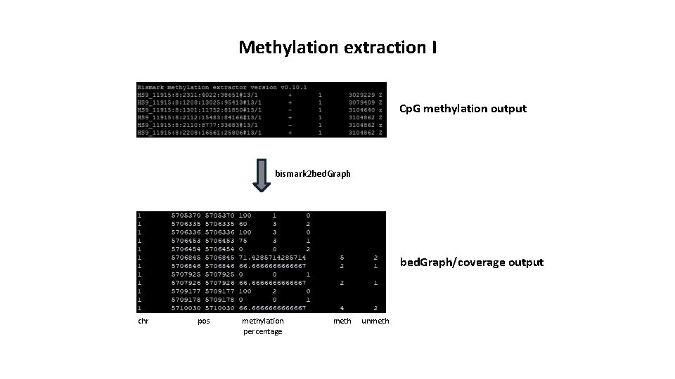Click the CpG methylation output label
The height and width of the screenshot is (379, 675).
point(463,108)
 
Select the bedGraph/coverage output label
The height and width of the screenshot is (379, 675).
point(472,262)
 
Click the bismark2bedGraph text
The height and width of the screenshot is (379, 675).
point(313,173)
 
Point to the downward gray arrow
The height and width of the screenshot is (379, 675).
point(262,176)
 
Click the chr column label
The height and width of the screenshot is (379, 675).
point(143,321)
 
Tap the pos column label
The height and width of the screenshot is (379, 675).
point(204,321)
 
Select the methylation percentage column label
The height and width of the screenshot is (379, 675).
point(263,326)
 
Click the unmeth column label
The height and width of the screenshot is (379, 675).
point(375,321)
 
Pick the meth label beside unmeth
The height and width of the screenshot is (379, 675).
point(342,321)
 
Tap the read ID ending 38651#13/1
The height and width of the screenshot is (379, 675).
point(199,93)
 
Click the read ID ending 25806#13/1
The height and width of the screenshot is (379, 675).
point(199,132)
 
